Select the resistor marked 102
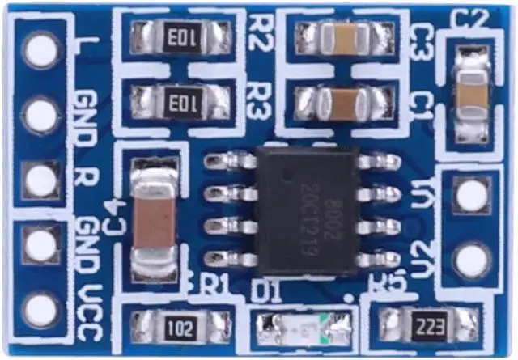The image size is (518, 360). click(x=181, y=327)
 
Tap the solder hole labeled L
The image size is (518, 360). click(x=40, y=50)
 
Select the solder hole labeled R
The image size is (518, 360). click(x=40, y=180)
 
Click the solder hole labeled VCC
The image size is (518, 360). click(x=40, y=310)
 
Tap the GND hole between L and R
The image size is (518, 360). click(x=40, y=115)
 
